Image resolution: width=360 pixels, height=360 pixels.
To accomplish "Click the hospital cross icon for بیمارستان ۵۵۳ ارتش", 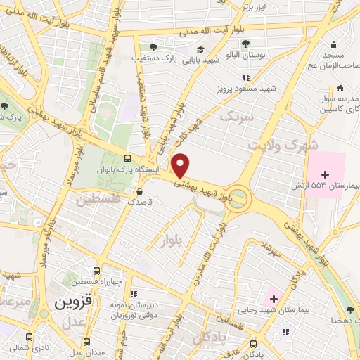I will [x=325, y=174].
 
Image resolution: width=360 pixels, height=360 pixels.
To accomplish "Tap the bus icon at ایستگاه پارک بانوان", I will [x=127, y=158].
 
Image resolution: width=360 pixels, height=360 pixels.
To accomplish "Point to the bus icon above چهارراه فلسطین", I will [x=96, y=271].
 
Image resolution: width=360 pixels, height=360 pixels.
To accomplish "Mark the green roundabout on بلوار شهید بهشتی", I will [x=239, y=198].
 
